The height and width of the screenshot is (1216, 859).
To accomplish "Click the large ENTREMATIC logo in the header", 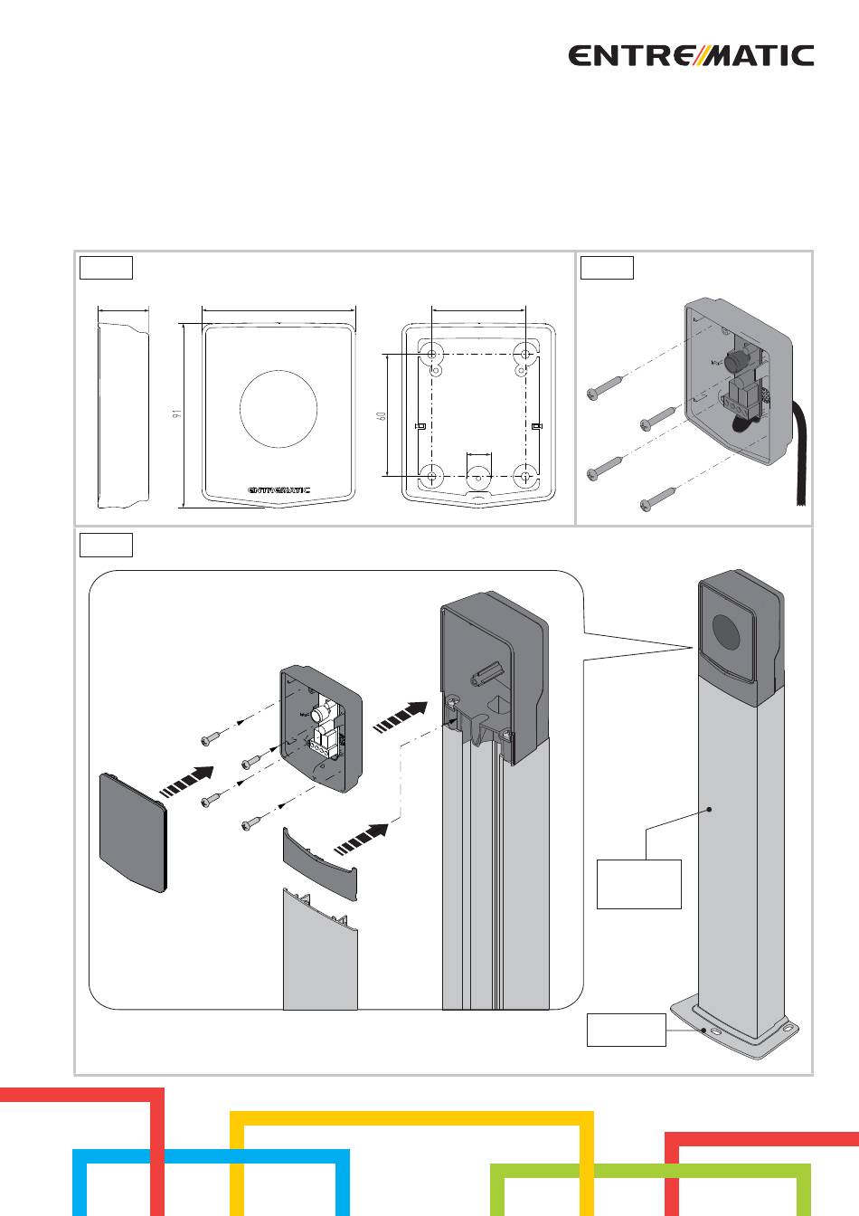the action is pyautogui.click(x=691, y=56).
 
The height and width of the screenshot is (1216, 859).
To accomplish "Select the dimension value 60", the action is pyautogui.click(x=382, y=416).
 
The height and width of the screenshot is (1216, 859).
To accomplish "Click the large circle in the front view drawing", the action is pyautogui.click(x=278, y=409).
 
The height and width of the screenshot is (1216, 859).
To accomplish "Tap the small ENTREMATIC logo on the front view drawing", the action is pyautogui.click(x=278, y=489).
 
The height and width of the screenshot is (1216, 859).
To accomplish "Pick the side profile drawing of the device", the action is pyautogui.click(x=123, y=415).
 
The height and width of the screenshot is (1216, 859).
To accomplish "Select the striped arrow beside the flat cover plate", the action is pyautogui.click(x=186, y=782).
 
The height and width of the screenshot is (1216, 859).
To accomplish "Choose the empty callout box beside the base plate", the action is pyautogui.click(x=627, y=1030).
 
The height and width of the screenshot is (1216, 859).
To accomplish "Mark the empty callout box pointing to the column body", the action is pyautogui.click(x=638, y=884).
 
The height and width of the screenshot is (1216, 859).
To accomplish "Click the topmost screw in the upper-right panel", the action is pyautogui.click(x=606, y=388).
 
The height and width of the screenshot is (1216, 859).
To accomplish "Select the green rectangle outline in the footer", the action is pyautogui.click(x=651, y=1190).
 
